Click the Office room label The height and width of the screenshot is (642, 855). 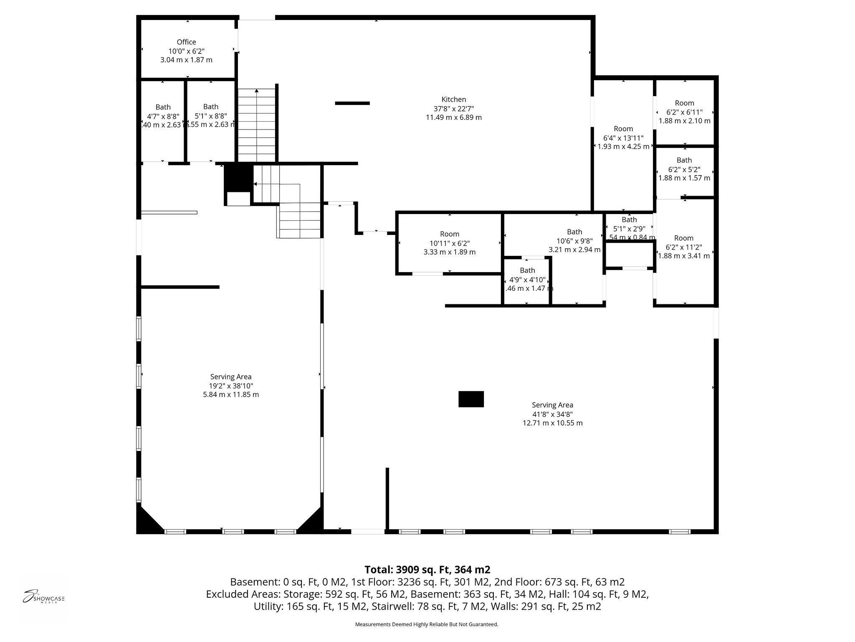tap(186, 42)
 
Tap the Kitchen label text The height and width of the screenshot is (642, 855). tap(453, 99)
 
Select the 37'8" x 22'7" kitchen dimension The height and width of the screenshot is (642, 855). tap(453, 109)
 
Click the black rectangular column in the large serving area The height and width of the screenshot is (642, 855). tap(471, 399)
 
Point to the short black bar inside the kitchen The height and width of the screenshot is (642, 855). tap(352, 103)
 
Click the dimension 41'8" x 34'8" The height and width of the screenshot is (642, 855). tap(552, 414)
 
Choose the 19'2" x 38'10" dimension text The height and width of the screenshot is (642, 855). tap(231, 386)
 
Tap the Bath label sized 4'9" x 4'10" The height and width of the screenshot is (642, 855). tap(527, 270)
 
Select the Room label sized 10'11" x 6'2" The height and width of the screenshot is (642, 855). tap(449, 234)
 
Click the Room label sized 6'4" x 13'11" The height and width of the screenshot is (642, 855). tap(623, 129)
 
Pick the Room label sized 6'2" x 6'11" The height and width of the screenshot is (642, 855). tap(684, 103)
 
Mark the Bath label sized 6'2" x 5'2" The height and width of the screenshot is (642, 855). tap(684, 160)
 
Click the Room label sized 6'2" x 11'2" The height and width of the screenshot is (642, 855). tap(683, 238)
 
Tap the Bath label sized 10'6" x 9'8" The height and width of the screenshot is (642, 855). tap(574, 232)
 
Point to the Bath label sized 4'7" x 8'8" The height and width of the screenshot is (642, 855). tap(163, 107)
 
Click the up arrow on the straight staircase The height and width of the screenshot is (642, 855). tap(256, 91)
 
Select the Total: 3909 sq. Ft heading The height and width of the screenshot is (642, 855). tap(427, 570)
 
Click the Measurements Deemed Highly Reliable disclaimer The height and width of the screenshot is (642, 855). tap(426, 624)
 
